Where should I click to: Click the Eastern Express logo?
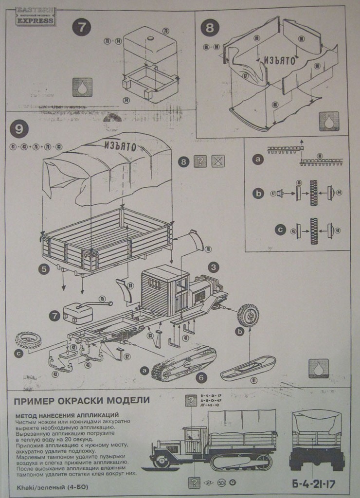36,16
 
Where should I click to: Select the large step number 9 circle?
18,129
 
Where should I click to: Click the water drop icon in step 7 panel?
82,88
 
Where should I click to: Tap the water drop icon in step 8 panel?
329,121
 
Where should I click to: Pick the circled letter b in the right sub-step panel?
258,193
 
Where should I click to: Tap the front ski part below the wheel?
248,368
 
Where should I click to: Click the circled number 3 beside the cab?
214,267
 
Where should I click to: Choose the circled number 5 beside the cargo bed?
44,268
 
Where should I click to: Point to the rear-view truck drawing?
317,440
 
